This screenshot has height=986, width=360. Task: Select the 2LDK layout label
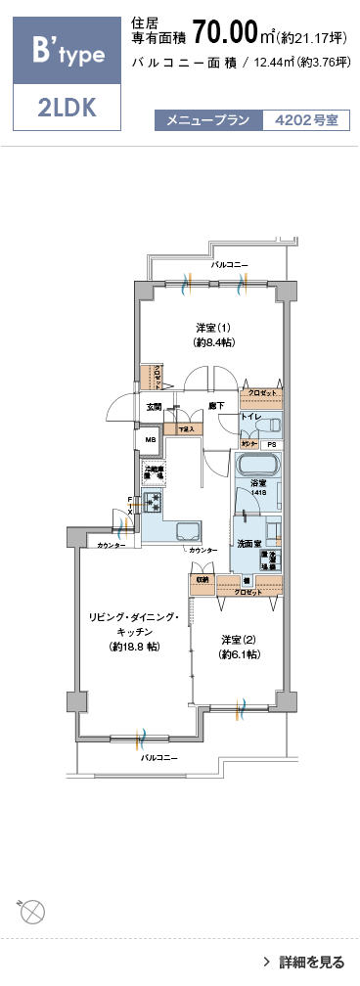coord(67,108)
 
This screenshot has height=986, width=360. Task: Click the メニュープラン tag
coord(207,121)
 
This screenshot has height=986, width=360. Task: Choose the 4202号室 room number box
coord(305,121)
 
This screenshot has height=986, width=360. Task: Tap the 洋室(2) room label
coord(240,646)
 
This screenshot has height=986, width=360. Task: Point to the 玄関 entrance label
coord(155,406)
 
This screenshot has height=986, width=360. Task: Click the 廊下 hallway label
coord(216,406)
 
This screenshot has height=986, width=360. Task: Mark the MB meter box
coord(151,440)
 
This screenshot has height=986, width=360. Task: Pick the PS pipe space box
coord(272,444)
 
